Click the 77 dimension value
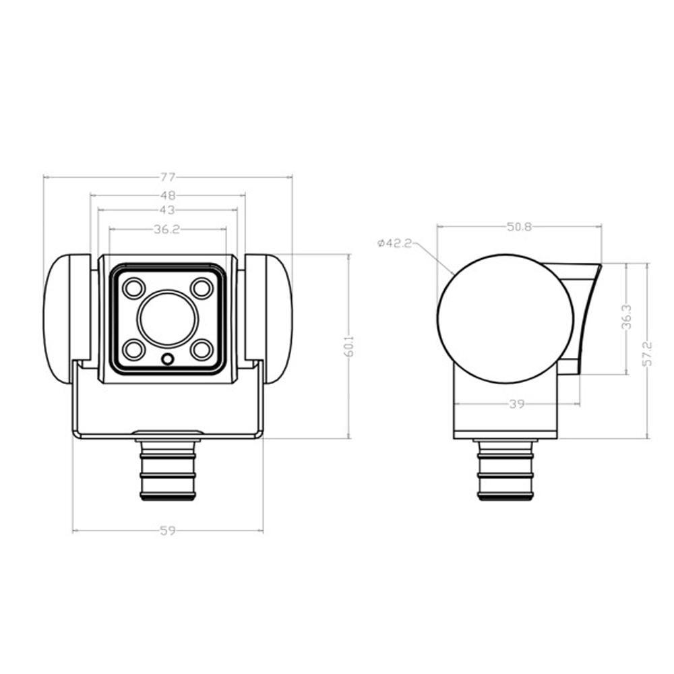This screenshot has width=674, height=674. (x=168, y=177)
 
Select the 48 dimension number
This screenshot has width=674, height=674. (x=168, y=195)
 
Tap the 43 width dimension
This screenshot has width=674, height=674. (x=168, y=210)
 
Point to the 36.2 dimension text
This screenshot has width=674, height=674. (x=166, y=229)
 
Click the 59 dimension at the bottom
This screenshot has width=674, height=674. (x=168, y=531)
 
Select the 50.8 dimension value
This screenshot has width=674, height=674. (x=519, y=227)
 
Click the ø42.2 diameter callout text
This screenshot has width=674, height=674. (x=395, y=243)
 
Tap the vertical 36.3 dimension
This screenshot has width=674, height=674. (x=626, y=318)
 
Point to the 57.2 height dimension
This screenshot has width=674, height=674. (x=648, y=350)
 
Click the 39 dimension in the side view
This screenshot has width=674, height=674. (x=517, y=404)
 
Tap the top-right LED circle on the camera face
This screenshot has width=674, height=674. (x=201, y=288)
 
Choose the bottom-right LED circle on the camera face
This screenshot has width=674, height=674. (x=201, y=350)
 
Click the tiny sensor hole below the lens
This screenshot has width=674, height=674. (x=168, y=359)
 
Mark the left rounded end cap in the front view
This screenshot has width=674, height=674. (x=66, y=319)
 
